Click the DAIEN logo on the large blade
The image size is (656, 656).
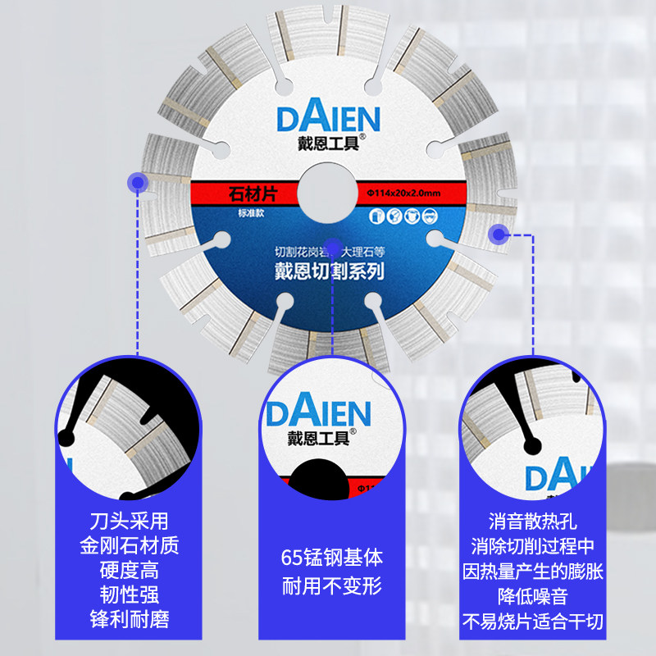click(328, 119)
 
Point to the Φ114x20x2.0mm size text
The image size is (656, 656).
click(402, 193)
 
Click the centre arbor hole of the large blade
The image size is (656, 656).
click(327, 190)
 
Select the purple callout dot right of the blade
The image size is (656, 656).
click(497, 235)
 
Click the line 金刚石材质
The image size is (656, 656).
click(133, 545)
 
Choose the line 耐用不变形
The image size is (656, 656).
click(327, 587)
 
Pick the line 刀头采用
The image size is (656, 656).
click(133, 521)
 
